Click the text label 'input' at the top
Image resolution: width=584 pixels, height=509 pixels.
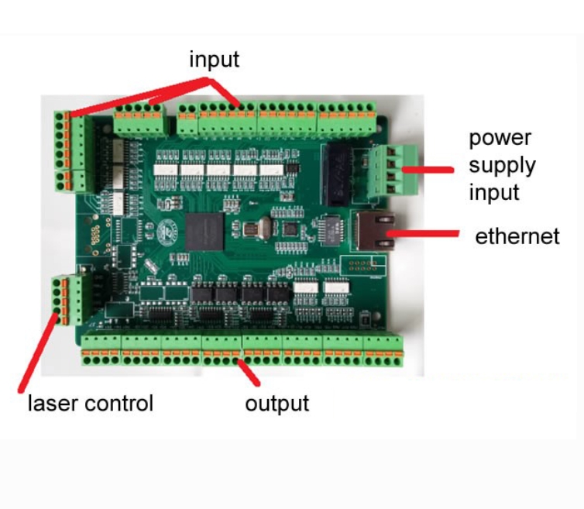[x=215, y=60]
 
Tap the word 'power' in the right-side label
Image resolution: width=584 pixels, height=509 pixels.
[x=500, y=139]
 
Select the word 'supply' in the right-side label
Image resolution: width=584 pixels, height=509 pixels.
[x=501, y=165]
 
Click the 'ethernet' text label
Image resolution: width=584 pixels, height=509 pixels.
[x=517, y=236]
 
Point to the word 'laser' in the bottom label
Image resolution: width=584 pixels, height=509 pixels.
[x=52, y=404]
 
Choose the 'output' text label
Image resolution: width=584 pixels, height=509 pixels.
[x=277, y=404]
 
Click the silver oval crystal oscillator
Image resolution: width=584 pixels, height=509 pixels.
[x=254, y=229]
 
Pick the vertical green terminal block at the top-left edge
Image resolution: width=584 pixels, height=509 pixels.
[x=69, y=151]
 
